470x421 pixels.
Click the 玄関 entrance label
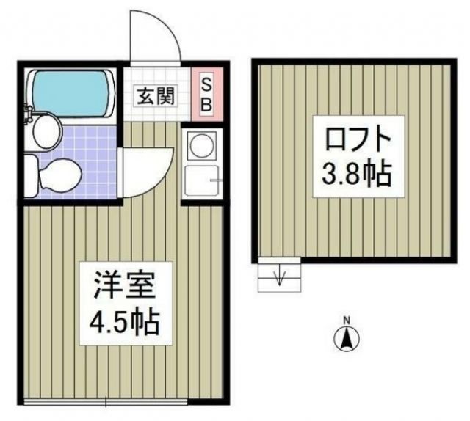tap(155, 95)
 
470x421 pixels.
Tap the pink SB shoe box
tap(205, 95)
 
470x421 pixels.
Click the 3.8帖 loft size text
tap(355, 175)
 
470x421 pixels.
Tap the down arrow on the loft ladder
tap(280, 277)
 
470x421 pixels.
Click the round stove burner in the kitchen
tap(199, 145)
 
